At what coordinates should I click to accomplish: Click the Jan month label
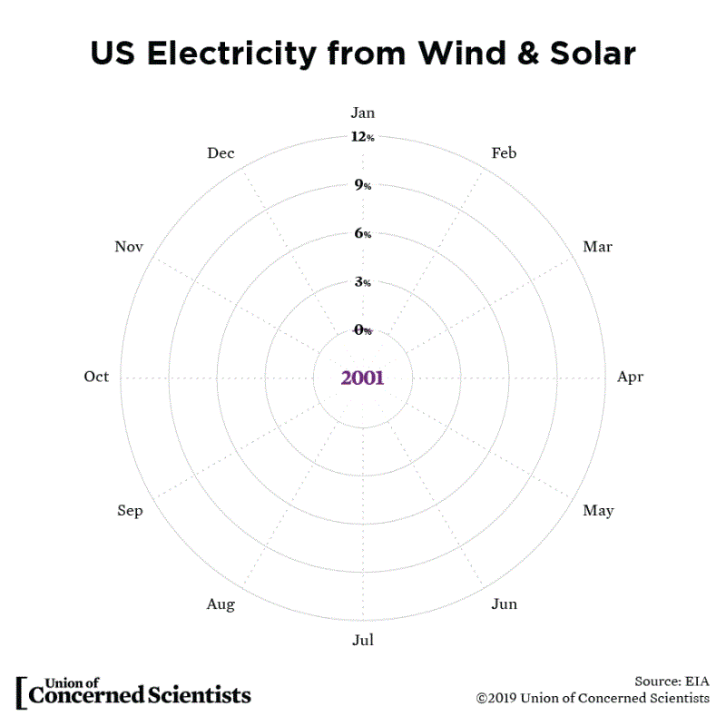(363, 113)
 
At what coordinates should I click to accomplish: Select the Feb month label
(504, 153)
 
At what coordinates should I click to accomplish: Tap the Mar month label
(597, 247)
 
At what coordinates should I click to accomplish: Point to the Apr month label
(630, 377)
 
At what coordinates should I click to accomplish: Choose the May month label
(598, 511)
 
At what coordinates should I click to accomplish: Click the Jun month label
(504, 603)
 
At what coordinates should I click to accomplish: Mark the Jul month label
(363, 641)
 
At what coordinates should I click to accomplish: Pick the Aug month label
(221, 604)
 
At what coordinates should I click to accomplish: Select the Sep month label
(130, 511)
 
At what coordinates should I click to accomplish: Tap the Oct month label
(96, 377)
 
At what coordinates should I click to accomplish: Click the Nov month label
(130, 247)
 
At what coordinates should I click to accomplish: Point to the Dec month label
(221, 153)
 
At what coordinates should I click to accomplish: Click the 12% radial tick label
(363, 138)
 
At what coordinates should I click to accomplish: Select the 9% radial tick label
(363, 186)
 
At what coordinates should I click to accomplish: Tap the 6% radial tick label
(363, 234)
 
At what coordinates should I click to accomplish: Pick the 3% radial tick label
(363, 282)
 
